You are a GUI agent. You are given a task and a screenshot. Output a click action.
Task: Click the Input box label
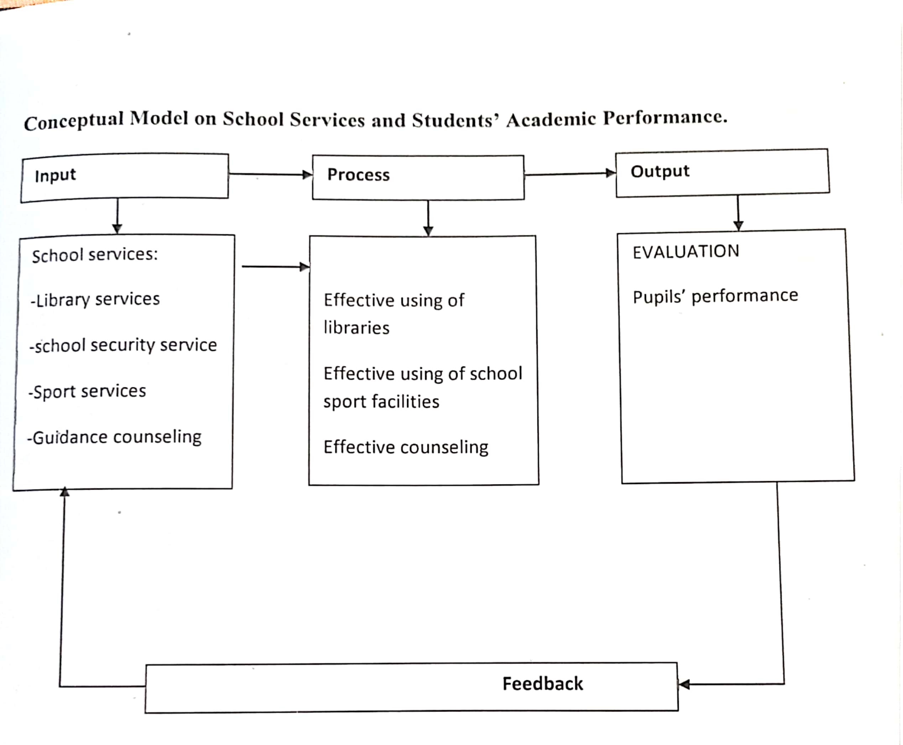click(x=55, y=176)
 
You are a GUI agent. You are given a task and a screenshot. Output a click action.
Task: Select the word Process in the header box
click(x=358, y=174)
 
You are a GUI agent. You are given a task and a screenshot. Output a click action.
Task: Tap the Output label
click(x=660, y=171)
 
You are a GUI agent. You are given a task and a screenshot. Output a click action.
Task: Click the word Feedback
click(x=542, y=684)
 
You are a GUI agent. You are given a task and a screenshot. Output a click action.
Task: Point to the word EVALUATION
click(x=685, y=251)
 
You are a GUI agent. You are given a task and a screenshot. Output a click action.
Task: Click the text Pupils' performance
click(x=715, y=296)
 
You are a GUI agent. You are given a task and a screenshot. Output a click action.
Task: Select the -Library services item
click(x=95, y=299)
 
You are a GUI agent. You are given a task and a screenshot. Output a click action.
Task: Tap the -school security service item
click(x=123, y=345)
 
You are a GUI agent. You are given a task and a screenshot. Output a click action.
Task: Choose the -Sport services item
click(x=87, y=391)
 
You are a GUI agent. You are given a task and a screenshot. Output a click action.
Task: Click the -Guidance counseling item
click(x=114, y=437)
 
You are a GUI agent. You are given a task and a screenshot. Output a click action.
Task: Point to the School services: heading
click(x=95, y=255)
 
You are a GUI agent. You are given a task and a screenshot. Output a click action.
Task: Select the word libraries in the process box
click(x=356, y=328)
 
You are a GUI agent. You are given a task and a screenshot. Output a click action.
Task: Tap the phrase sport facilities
click(x=381, y=402)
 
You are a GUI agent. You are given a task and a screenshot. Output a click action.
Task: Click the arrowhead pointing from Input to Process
click(x=307, y=174)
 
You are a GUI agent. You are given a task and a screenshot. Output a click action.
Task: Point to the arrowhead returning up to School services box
click(x=64, y=492)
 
